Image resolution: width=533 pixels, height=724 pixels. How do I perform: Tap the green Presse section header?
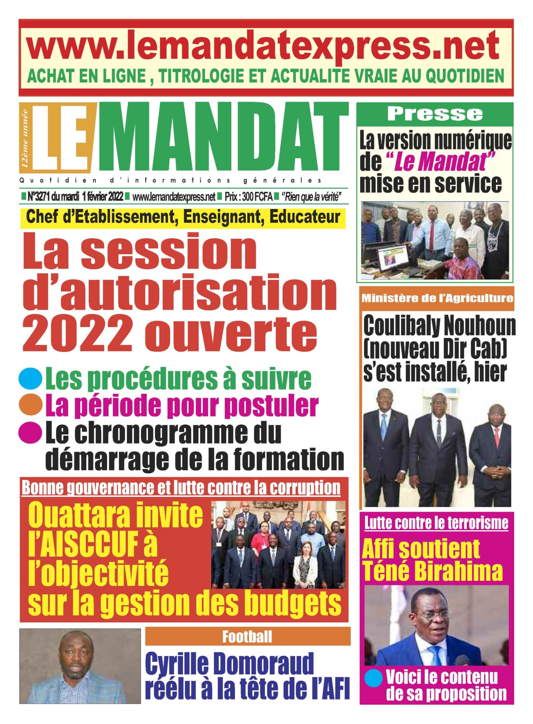(435, 114)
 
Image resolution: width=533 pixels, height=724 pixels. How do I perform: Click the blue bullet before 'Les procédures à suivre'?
(30, 378)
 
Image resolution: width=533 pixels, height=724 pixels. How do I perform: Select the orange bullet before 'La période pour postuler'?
(30, 405)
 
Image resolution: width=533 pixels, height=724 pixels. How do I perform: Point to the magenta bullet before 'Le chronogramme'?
(30, 432)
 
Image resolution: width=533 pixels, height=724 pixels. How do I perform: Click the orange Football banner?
(247, 637)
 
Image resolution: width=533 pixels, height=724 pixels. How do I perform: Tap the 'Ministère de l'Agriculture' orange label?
(437, 298)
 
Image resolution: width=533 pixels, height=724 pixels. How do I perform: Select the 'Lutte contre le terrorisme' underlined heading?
(436, 523)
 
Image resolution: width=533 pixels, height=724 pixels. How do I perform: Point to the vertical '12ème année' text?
(25, 138)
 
